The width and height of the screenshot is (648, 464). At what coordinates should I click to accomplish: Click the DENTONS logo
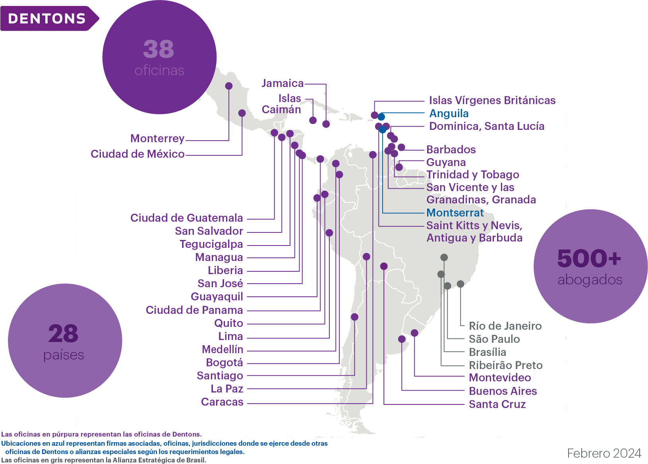click(x=50, y=19)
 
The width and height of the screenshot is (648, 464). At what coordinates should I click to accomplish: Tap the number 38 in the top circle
click(x=159, y=49)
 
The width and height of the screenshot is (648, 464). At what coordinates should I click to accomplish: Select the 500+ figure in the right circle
click(x=589, y=258)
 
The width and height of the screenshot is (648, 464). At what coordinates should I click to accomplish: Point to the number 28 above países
click(x=63, y=333)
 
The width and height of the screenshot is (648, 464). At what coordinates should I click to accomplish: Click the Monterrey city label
click(x=157, y=139)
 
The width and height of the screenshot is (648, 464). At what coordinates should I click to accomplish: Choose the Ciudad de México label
click(x=137, y=154)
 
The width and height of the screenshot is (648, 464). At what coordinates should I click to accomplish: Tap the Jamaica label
click(x=282, y=83)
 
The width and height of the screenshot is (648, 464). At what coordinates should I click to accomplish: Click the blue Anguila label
click(x=449, y=113)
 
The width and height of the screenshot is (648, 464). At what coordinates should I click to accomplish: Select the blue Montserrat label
click(x=455, y=213)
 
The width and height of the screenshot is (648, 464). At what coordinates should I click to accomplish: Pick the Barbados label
click(x=451, y=149)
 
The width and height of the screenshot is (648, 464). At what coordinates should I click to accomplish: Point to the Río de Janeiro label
click(x=505, y=326)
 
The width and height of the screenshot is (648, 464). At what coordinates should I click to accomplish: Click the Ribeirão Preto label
click(x=506, y=365)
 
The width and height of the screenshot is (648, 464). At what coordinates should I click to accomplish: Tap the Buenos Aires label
click(x=503, y=391)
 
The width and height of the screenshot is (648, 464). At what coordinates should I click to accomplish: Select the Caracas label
click(x=222, y=402)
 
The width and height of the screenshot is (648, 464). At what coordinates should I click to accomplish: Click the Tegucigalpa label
click(x=211, y=244)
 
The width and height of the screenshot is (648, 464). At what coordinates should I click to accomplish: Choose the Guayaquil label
click(x=217, y=297)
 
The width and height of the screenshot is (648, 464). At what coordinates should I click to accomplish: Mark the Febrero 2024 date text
click(x=604, y=453)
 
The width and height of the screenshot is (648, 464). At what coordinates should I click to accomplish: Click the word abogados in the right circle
click(x=590, y=280)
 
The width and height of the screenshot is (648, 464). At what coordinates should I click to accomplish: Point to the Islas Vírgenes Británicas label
click(x=492, y=101)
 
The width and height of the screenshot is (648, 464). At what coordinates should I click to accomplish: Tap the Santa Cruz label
click(x=497, y=404)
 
